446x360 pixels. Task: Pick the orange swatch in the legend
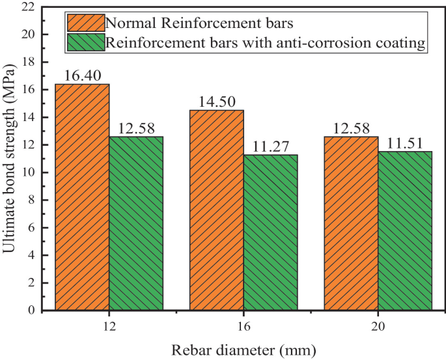pos(85,23)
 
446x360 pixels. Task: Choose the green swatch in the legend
pos(85,43)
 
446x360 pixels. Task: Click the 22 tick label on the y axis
pos(27,7)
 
